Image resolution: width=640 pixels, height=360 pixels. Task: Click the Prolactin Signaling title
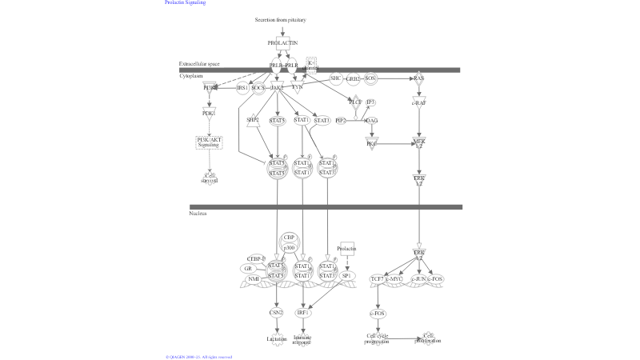click(185, 2)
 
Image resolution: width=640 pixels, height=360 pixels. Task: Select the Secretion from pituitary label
click(280, 19)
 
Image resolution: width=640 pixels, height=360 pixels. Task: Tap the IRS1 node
click(242, 87)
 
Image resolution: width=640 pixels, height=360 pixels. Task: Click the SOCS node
click(258, 87)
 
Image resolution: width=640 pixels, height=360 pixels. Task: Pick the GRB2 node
click(353, 79)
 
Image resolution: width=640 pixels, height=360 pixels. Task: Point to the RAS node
click(418, 78)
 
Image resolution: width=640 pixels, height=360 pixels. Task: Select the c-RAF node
click(418, 102)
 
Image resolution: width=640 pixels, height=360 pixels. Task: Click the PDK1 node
click(209, 114)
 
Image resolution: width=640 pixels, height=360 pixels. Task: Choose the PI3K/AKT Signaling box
click(209, 142)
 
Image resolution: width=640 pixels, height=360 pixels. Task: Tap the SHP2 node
click(253, 120)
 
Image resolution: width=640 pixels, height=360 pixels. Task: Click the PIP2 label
click(341, 120)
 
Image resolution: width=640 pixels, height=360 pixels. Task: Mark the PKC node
click(371, 142)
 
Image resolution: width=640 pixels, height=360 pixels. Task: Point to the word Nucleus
click(198, 214)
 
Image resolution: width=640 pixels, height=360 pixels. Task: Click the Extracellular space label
click(199, 63)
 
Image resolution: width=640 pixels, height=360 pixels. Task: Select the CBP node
click(289, 238)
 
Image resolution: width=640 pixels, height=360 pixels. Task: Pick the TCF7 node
click(377, 278)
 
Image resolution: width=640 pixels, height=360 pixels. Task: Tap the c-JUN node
click(418, 278)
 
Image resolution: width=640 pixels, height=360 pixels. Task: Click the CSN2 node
click(277, 312)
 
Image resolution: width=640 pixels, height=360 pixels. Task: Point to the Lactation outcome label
click(277, 339)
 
